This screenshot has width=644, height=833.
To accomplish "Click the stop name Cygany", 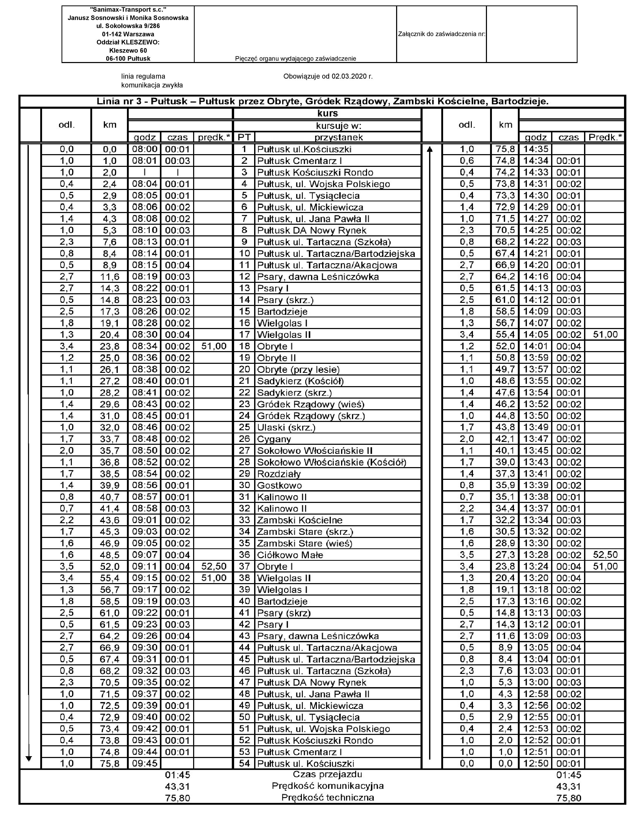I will pyautogui.click(x=274, y=439).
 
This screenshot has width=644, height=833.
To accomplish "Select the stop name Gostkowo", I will pyautogui.click(x=279, y=486).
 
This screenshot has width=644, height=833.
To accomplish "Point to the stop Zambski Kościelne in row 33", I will pyautogui.click(x=300, y=520).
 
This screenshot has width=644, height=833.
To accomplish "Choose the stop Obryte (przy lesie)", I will pyautogui.click(x=298, y=370).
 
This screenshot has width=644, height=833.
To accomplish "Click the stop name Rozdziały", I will pyautogui.click(x=279, y=474).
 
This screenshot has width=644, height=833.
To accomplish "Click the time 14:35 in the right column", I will pyautogui.click(x=536, y=149).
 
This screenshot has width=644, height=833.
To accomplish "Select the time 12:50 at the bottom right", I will pyautogui.click(x=536, y=763).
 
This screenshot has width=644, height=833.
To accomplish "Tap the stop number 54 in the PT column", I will pyautogui.click(x=244, y=763).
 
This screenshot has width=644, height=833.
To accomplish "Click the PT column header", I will pyautogui.click(x=244, y=137).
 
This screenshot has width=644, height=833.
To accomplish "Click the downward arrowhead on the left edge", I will pyautogui.click(x=29, y=759).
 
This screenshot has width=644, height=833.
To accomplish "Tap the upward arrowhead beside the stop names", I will pyautogui.click(x=430, y=149).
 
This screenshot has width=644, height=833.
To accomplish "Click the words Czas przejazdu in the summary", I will pyautogui.click(x=327, y=775).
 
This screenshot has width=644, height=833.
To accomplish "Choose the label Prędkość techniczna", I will pyautogui.click(x=327, y=797).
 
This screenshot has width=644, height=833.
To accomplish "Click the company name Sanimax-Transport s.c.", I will pyautogui.click(x=128, y=10).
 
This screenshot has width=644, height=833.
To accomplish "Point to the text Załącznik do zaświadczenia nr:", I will pyautogui.click(x=442, y=34).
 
